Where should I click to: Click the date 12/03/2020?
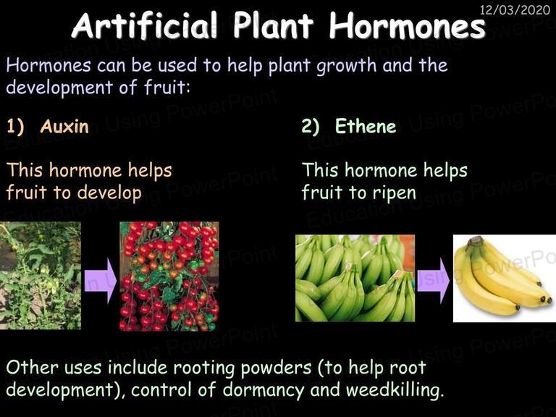[x=515, y=9]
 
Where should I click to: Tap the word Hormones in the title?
[x=407, y=25]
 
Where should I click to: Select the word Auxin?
[x=64, y=126]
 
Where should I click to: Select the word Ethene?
[x=366, y=126]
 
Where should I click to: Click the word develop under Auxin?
[x=109, y=193]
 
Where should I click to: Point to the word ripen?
[x=394, y=194]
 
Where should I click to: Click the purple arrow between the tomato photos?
[x=101, y=280]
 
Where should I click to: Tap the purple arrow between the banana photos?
[x=433, y=280]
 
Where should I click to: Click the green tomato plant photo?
[x=41, y=276]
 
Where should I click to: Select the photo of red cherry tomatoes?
[x=169, y=277]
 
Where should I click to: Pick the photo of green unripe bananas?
[x=355, y=278]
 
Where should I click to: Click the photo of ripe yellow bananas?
[x=504, y=278]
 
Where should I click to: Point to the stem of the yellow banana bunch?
[x=473, y=241]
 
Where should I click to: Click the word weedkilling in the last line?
[x=395, y=389]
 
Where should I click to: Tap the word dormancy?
[x=264, y=390]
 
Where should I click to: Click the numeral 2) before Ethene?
[x=311, y=127]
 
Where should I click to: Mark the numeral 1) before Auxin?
[x=15, y=127]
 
